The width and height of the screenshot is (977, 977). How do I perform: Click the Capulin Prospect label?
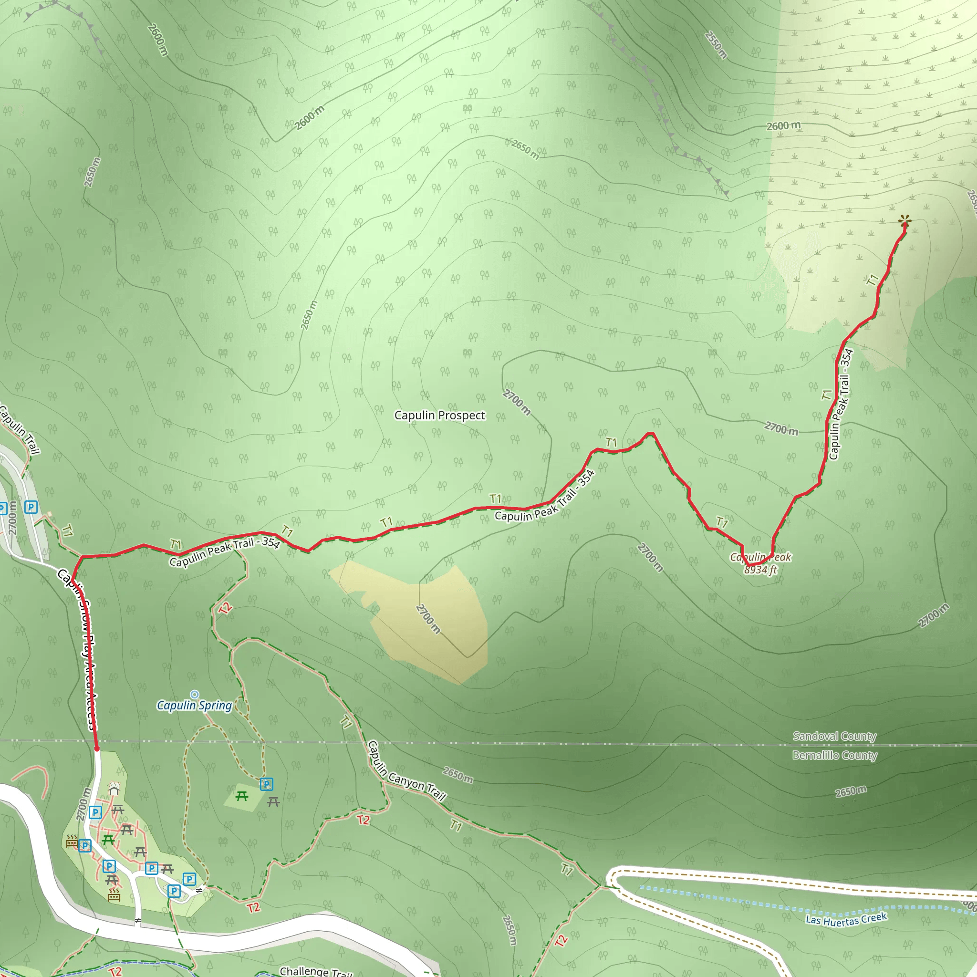439,415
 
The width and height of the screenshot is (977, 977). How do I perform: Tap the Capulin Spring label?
194,706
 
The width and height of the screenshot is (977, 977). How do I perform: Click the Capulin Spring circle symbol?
194,694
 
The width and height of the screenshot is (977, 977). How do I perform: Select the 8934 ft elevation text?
760,570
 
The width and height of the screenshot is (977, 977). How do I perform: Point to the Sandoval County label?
834,736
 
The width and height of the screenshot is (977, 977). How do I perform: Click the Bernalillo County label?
834,756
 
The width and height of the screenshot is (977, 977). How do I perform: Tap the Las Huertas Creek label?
846,919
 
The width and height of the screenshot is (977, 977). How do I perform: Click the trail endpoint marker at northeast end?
904,221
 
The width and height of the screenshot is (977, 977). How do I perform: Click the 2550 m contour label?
716,45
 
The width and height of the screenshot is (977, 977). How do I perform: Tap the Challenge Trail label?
316,971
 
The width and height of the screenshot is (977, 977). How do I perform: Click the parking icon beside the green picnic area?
267,784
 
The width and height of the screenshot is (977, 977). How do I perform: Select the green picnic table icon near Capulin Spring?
242,797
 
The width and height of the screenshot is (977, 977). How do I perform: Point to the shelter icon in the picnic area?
114,789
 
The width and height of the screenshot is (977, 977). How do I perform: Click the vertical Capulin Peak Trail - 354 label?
840,404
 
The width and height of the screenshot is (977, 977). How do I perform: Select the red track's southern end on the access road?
96,748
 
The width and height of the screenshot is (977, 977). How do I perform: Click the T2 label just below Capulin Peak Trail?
225,608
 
